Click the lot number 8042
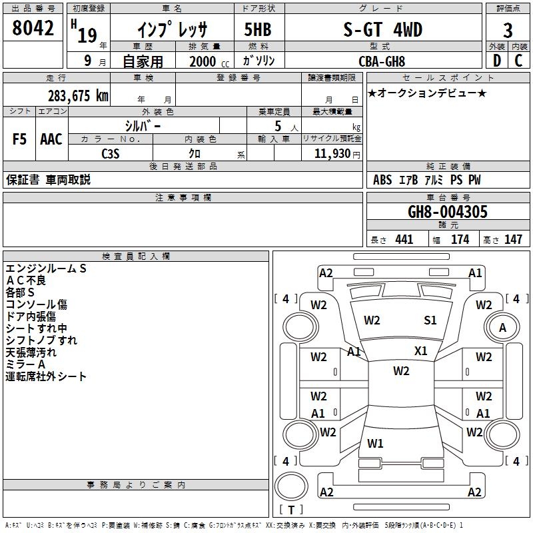pos(33,28)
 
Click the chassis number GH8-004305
pos(448,213)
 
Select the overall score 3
pos(508,31)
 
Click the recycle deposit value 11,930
pos(333,153)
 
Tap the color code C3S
pos(111,153)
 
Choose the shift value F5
pos(19,139)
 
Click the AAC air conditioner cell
pos(51,139)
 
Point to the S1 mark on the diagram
pos(430,320)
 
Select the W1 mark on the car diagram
pos(376,444)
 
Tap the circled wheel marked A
pos(502,327)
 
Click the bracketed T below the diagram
pos(290,510)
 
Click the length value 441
pos(404,240)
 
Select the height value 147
pos(513,240)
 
